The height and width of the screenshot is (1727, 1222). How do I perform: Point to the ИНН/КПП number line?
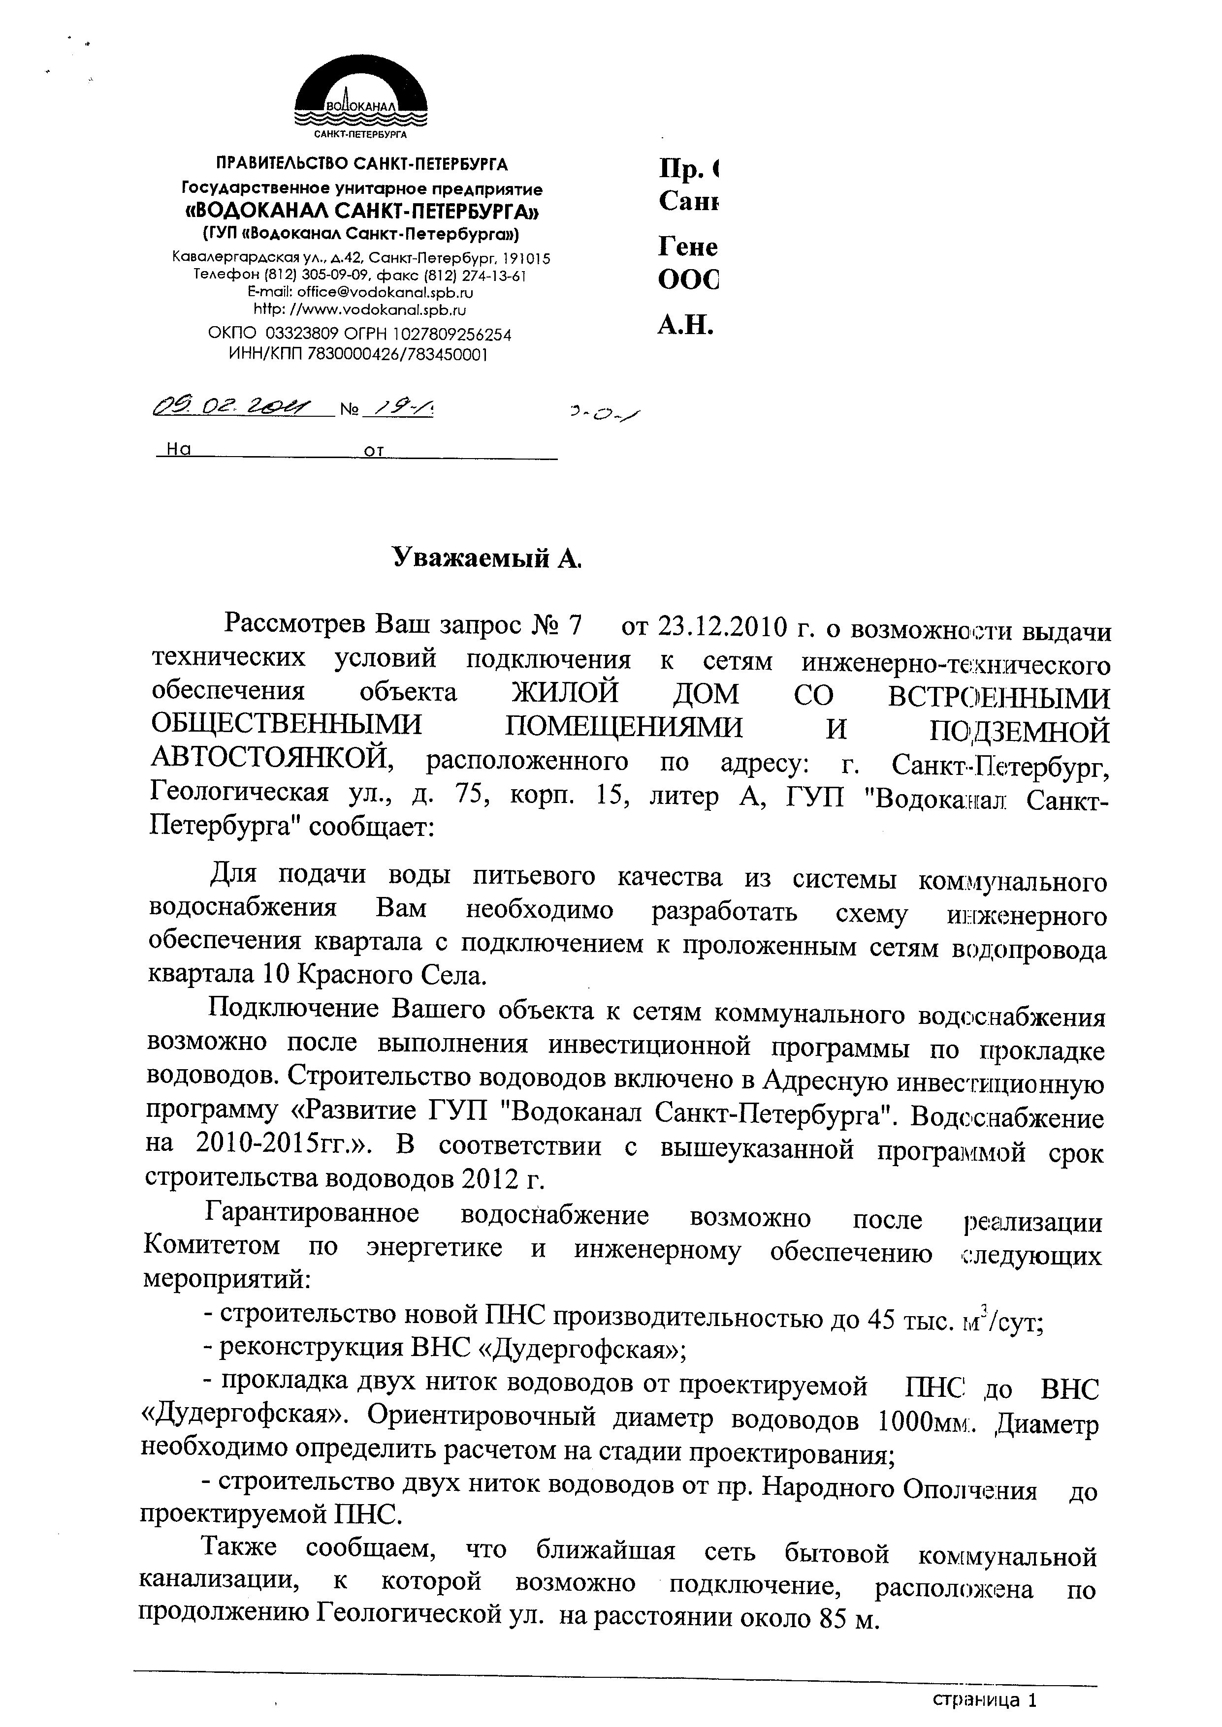tap(358, 354)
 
